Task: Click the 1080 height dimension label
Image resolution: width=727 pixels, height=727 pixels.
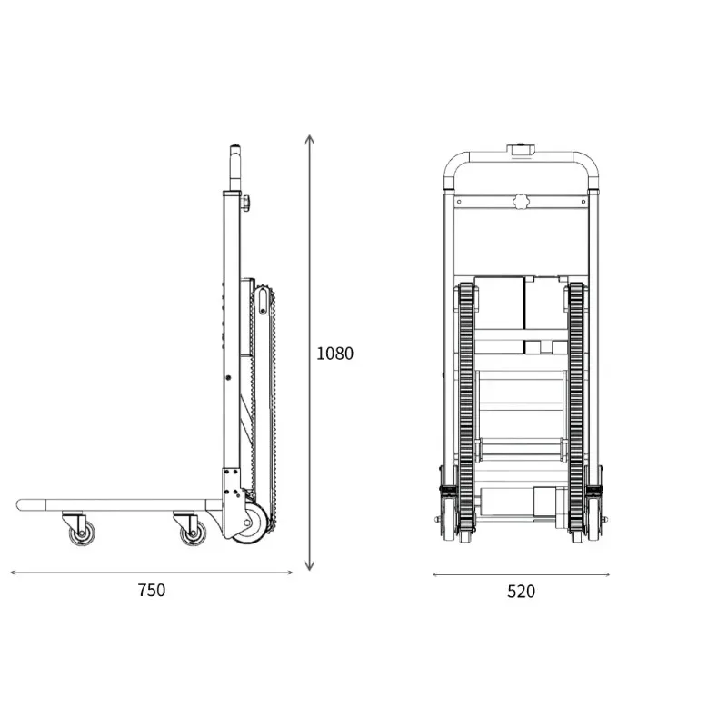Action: pos(334,354)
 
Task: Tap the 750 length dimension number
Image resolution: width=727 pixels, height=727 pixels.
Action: pos(152,590)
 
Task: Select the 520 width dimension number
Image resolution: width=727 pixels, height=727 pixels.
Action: pos(521,592)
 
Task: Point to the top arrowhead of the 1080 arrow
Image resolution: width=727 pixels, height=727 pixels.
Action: pos(310,139)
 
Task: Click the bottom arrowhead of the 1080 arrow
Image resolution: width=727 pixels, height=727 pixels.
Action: pos(310,566)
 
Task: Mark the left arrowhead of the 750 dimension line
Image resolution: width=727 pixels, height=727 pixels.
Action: pos(14,573)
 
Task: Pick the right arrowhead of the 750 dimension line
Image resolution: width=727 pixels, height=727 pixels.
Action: pos(289,573)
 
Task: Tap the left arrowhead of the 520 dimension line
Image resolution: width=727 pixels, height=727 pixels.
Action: pos(436,575)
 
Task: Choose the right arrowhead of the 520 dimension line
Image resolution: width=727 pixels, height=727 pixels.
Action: pos(606,575)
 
